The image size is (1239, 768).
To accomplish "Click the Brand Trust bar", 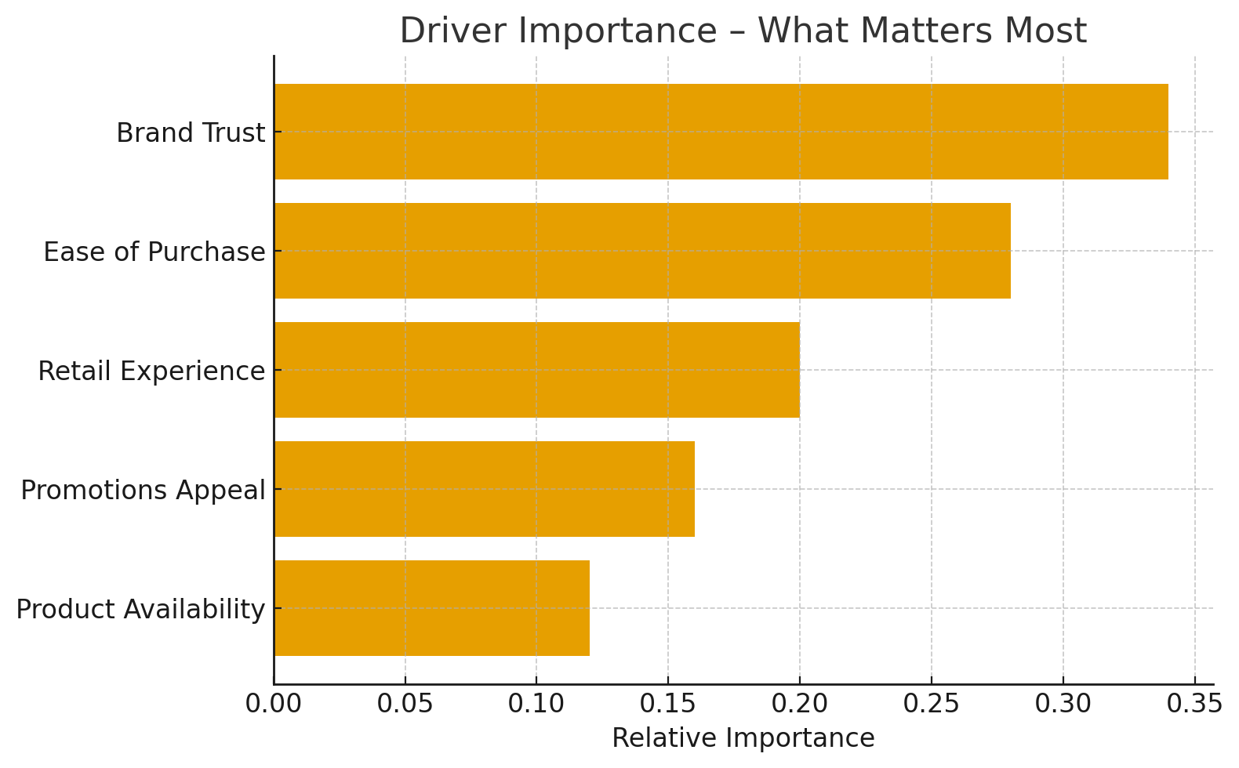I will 721,132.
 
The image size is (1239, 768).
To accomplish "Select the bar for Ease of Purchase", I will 642,251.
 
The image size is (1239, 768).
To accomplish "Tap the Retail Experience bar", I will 537,370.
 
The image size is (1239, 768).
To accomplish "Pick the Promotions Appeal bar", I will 485,489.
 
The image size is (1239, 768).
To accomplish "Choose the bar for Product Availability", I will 432,608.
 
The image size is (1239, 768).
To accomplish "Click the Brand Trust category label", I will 191,133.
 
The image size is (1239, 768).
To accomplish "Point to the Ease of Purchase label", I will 154,252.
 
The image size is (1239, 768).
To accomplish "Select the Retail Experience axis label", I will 151,371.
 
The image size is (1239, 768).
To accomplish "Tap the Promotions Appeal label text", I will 143,491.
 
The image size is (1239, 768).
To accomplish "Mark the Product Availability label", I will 140,610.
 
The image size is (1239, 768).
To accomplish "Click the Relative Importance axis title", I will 743,738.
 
